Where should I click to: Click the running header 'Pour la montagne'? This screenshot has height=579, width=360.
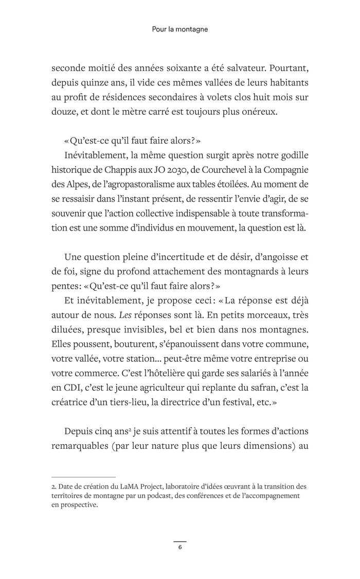tap(180, 30)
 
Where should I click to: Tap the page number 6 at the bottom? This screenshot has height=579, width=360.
tap(180, 547)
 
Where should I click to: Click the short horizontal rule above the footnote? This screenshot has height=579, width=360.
tap(83, 477)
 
